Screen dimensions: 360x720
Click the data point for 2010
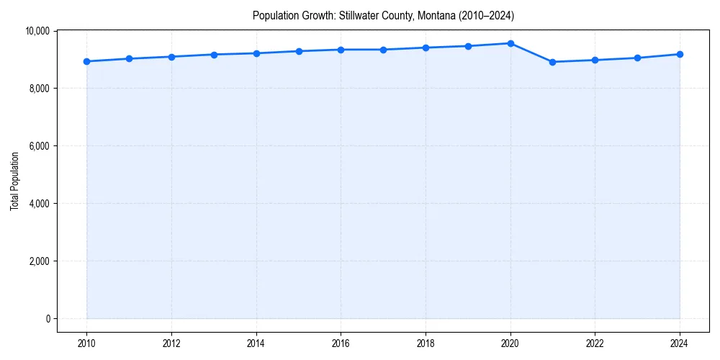86,61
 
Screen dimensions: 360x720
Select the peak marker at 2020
510,43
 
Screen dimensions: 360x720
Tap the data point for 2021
552,62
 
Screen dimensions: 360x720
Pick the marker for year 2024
680,54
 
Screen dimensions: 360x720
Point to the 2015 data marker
299,51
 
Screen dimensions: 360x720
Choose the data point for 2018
426,48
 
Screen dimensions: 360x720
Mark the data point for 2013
214,55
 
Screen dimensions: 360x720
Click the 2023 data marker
637,58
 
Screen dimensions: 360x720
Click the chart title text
383,15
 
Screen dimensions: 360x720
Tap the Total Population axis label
14,181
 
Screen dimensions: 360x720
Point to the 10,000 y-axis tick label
37,31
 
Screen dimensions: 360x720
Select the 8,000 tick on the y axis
39,89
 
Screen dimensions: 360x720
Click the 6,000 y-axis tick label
39,146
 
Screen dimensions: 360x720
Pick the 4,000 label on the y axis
39,204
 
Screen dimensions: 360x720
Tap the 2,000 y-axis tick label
39,261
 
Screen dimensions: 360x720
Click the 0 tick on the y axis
47,319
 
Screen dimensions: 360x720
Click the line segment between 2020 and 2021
531,53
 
